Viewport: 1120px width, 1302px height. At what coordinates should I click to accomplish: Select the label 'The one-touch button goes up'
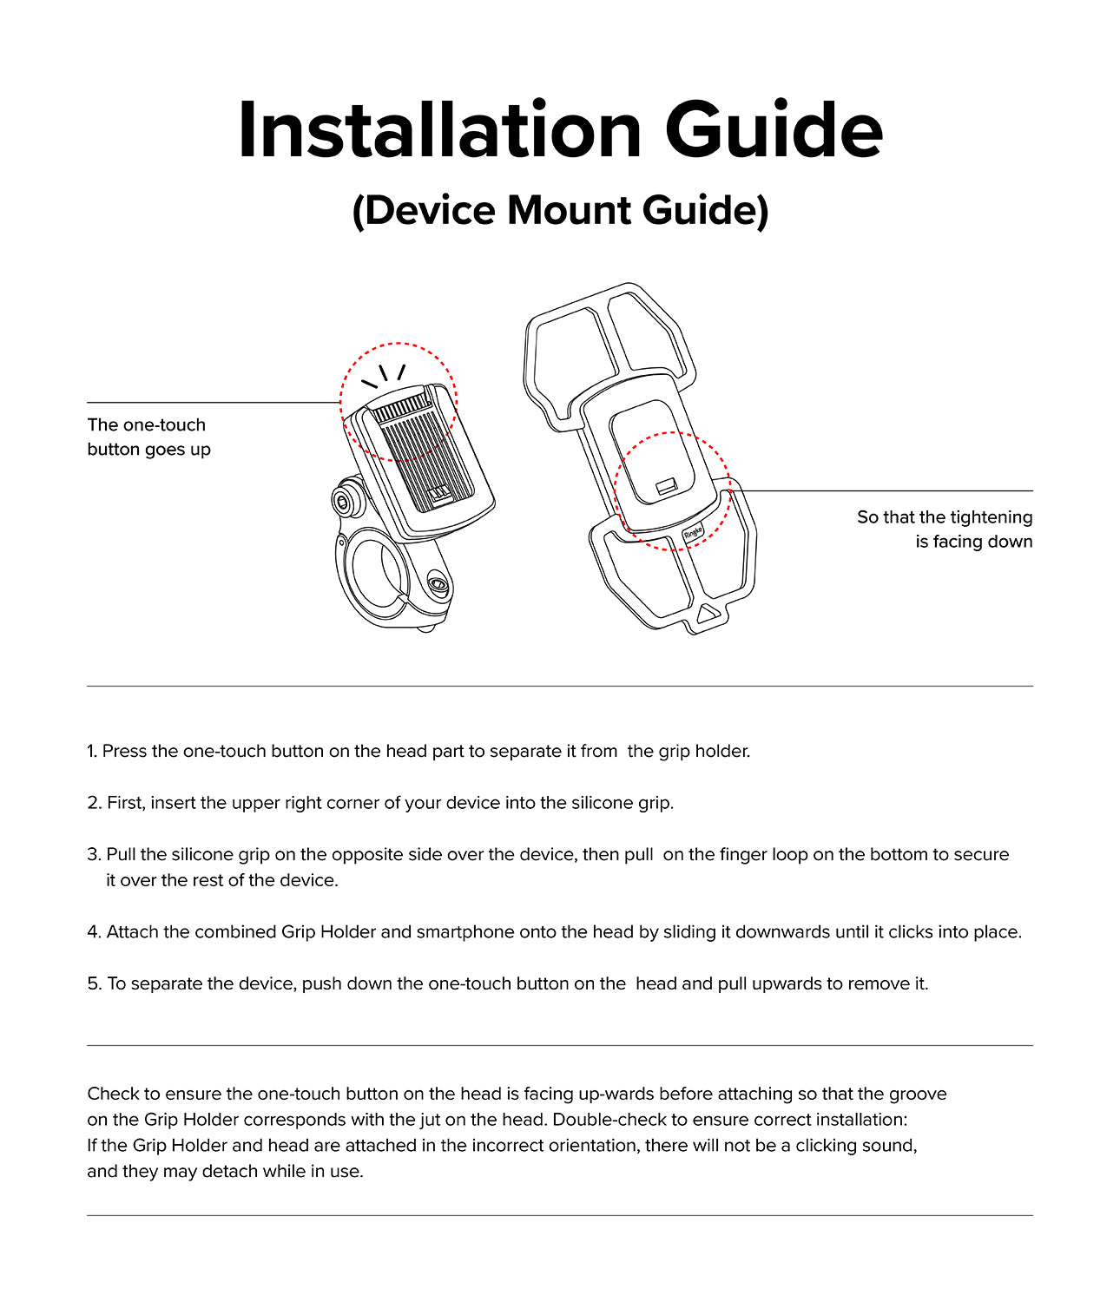(148, 437)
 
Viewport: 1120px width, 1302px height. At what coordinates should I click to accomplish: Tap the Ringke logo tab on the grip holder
(693, 533)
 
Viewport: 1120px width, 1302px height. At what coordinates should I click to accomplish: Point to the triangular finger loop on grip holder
(707, 613)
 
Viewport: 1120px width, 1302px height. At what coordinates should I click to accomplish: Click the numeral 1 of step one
(91, 751)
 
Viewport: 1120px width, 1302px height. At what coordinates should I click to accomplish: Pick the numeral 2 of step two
(93, 803)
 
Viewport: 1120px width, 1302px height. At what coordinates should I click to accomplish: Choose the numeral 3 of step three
(93, 854)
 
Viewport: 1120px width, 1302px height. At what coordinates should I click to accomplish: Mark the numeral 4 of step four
(93, 932)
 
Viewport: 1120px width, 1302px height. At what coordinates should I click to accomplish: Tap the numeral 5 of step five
(93, 983)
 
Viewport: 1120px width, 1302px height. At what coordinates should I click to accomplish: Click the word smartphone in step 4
(465, 932)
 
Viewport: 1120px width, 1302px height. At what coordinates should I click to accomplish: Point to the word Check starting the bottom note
(113, 1094)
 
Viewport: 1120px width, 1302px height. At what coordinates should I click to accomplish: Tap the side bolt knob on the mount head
(345, 501)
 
